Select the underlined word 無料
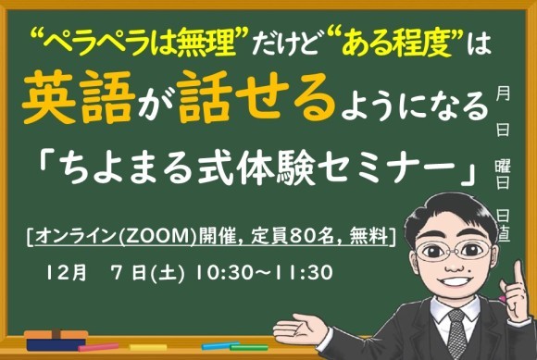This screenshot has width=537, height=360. (370, 235)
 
